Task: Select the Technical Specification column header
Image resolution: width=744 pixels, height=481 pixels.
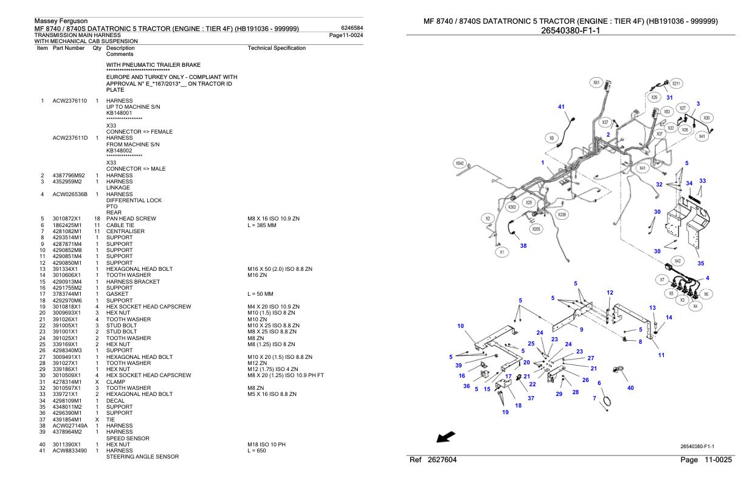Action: pyautogui.click(x=277, y=47)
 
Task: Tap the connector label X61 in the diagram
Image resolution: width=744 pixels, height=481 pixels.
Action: pyautogui.click(x=596, y=82)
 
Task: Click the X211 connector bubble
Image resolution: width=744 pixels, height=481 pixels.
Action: pyautogui.click(x=677, y=83)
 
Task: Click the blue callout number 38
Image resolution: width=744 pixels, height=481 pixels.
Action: pyautogui.click(x=523, y=246)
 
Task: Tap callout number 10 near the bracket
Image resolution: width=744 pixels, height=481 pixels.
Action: pyautogui.click(x=460, y=326)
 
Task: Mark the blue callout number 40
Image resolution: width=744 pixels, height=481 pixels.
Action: pyautogui.click(x=630, y=388)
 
